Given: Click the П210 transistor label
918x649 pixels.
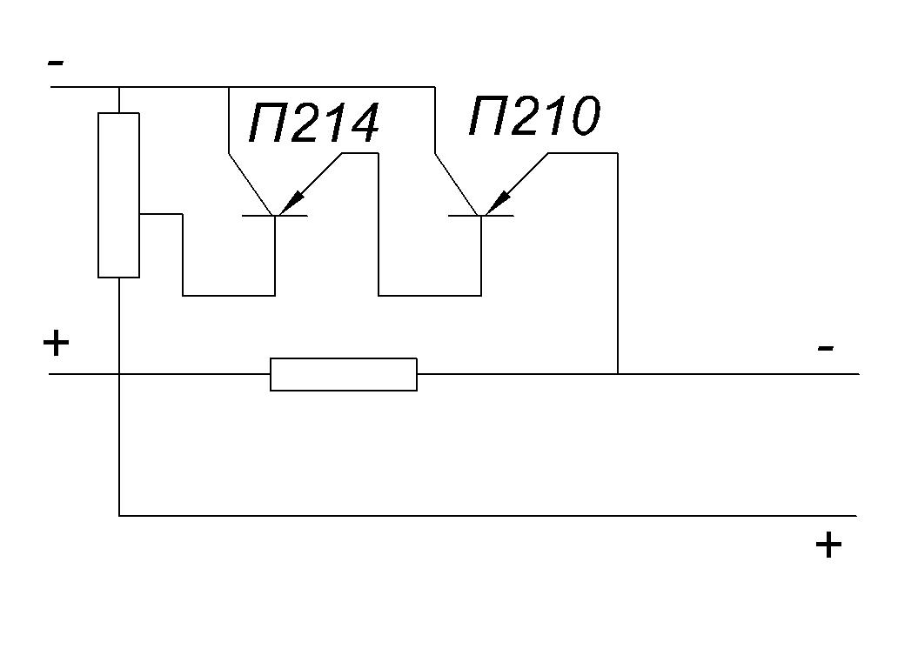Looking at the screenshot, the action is (534, 116).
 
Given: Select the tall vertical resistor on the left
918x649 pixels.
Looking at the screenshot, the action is (119, 195).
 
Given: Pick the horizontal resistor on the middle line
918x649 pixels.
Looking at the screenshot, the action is (344, 374).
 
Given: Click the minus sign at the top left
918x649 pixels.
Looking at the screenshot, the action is (56, 62).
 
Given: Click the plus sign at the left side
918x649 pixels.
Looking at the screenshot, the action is (57, 343).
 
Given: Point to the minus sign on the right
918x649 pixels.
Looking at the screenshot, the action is (826, 349).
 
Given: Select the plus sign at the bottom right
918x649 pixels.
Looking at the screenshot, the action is (828, 545).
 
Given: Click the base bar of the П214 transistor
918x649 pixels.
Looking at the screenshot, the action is (275, 216).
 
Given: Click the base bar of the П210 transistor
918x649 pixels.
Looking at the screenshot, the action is (481, 216).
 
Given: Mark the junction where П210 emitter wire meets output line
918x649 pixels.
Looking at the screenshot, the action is (618, 373).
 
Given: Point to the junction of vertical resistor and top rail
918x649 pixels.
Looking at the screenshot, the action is (119, 87).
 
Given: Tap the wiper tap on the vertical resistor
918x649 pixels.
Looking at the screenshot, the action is (161, 214).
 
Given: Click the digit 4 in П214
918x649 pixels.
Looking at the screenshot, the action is (359, 124).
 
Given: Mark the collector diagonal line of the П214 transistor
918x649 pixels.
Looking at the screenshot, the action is (251, 184).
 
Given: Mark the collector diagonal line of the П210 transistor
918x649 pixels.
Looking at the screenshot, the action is (457, 184).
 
